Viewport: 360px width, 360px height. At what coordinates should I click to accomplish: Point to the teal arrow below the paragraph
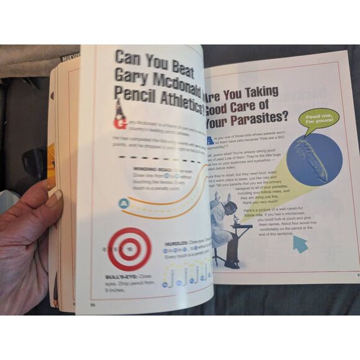coord(300,245)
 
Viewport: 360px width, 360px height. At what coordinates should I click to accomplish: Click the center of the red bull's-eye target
coord(129,249)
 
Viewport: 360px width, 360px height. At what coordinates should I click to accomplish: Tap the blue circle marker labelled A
coord(123,203)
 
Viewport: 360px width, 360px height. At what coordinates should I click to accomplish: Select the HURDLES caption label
coord(176,244)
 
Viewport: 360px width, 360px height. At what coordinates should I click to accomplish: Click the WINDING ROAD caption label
coord(149,169)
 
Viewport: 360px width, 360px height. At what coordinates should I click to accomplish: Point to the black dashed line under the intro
coord(164,160)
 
